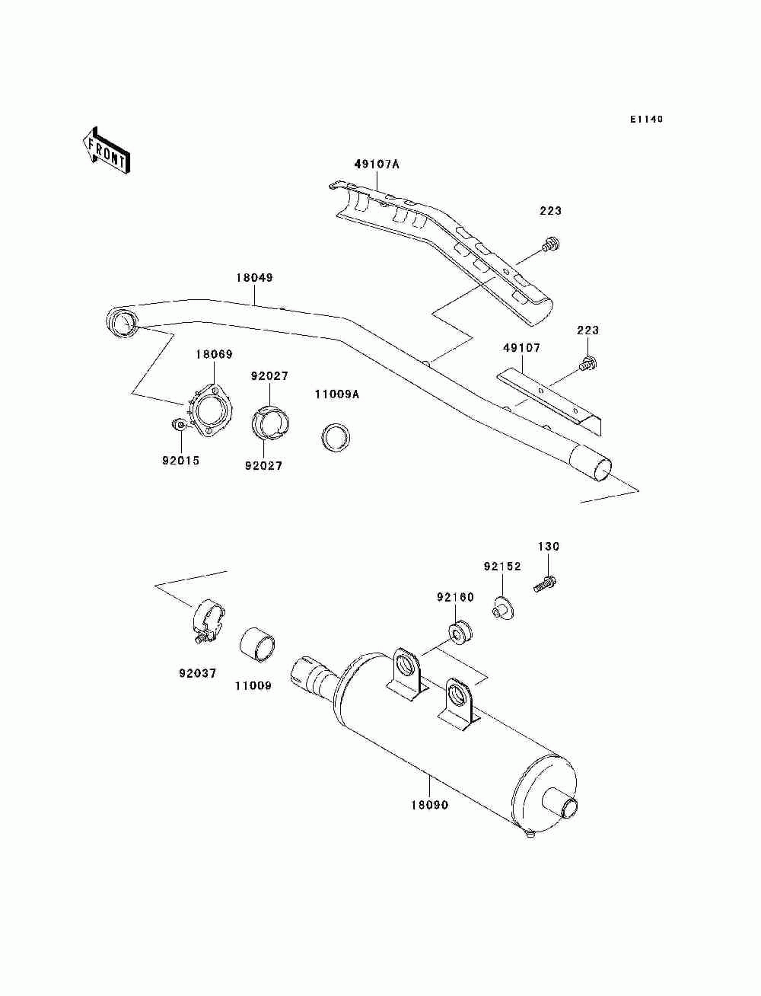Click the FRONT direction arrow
coord(106,150)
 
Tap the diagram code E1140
coord(646,119)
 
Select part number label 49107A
coord(376,164)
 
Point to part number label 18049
coord(253,278)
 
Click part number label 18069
coord(214,354)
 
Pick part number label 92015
coord(180,460)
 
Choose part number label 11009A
coord(337,394)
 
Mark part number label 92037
coord(198,673)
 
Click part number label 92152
coord(502,567)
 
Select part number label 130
coord(549,546)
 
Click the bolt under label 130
coord(546,585)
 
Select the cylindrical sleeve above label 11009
coord(258,644)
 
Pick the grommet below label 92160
coord(460,631)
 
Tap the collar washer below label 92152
coord(501,608)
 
